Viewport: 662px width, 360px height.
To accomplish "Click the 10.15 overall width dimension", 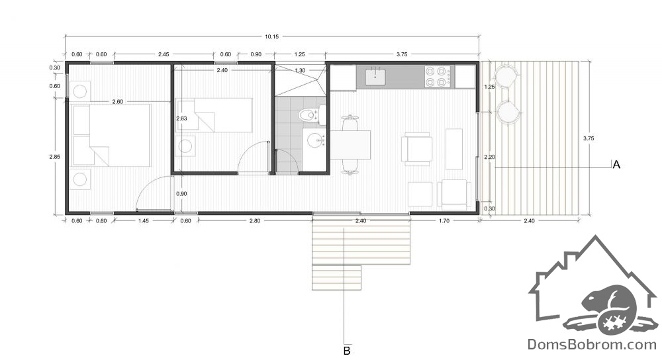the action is (x=272, y=36).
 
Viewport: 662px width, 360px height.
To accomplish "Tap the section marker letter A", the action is (x=616, y=165).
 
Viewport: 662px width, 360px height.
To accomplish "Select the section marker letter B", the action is (x=347, y=351).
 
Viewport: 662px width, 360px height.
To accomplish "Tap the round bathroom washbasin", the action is (x=315, y=140).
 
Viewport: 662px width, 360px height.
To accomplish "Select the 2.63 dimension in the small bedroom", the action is (x=181, y=118).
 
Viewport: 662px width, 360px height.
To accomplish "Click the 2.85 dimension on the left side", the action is (x=55, y=157).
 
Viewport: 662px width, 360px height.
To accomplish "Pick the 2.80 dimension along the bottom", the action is (x=255, y=221).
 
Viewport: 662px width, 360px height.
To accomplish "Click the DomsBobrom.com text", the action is (x=592, y=345).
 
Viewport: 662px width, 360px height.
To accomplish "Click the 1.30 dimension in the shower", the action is (x=300, y=71).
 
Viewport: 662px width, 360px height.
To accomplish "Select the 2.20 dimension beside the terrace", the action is (x=490, y=157).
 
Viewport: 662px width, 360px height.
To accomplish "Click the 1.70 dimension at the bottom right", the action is (x=444, y=221).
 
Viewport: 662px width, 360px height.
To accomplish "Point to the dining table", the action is (x=350, y=145).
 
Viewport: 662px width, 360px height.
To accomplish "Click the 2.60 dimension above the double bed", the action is (x=117, y=102).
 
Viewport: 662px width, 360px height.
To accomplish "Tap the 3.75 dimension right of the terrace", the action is (x=588, y=138).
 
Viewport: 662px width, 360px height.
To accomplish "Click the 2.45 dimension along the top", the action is (x=164, y=54).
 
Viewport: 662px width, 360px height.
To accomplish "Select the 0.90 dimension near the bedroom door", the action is (x=181, y=194).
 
